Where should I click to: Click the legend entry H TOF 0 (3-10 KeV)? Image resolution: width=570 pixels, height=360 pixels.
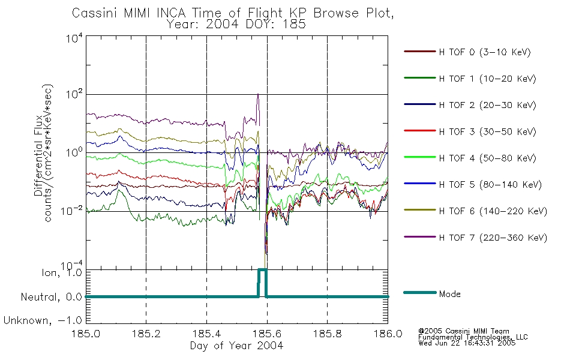coord(485,52)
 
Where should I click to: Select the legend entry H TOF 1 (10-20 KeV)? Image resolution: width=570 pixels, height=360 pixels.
coord(487,79)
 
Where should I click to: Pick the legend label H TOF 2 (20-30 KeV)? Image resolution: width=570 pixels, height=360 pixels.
coord(487,105)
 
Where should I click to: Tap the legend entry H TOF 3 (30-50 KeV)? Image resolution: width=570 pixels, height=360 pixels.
coord(487,131)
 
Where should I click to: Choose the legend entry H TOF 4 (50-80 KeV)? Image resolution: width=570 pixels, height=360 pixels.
coord(487,158)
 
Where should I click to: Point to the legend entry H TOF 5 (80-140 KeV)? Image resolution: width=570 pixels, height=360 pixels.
coord(490,185)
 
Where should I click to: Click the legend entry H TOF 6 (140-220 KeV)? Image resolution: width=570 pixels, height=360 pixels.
coord(493,211)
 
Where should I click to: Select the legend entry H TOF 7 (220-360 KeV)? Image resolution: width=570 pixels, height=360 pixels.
coord(493,238)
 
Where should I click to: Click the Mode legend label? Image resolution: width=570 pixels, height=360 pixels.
coord(449,294)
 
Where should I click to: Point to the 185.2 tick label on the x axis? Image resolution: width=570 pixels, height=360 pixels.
coord(146,334)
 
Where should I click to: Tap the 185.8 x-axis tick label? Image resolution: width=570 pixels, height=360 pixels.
coord(327,334)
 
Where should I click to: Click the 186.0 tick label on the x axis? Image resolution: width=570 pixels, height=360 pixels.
coord(388,334)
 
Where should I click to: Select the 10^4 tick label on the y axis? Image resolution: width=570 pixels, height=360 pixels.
coord(75,38)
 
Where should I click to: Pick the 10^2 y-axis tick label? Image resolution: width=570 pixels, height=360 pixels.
coord(75,95)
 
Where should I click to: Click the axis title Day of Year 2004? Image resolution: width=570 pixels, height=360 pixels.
coord(236,346)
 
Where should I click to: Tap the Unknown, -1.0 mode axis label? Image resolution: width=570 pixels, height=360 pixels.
coord(43,320)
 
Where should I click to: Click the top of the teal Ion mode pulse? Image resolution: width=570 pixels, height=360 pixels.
coord(262,269)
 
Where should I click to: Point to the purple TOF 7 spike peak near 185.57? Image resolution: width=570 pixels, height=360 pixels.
coord(258,95)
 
